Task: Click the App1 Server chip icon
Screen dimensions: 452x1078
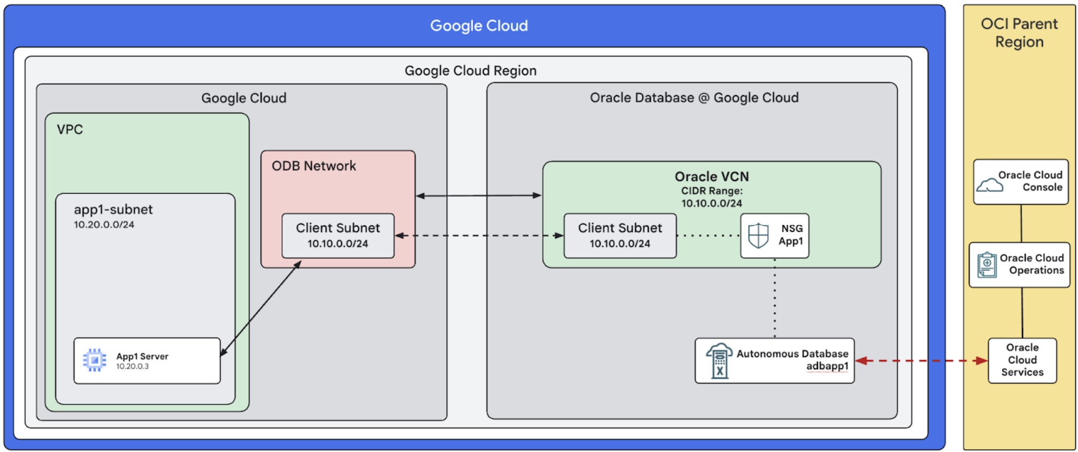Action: click(95, 360)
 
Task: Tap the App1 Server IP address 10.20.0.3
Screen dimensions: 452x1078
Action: click(132, 367)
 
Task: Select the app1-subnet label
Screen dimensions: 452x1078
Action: click(113, 209)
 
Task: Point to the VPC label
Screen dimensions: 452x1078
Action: click(70, 129)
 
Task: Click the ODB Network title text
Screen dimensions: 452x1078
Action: click(313, 166)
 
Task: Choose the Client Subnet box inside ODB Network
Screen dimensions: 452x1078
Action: click(338, 236)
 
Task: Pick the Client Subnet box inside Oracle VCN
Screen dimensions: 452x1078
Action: click(620, 236)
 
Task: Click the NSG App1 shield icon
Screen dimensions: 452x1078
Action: click(758, 236)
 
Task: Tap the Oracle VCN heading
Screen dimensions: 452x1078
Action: click(712, 176)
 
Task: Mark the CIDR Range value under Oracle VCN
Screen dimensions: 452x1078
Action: click(712, 204)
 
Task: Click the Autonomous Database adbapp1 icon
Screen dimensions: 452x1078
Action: click(719, 361)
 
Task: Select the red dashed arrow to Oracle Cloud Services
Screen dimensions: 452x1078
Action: click(921, 361)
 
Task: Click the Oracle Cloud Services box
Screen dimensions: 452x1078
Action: click(1022, 360)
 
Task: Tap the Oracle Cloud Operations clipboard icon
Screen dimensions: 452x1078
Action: click(987, 265)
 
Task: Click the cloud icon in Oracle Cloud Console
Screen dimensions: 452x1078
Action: click(989, 185)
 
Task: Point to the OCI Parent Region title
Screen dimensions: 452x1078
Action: click(1019, 33)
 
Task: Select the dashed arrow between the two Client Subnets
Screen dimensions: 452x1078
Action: click(479, 236)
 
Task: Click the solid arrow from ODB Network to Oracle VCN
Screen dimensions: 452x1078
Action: click(479, 196)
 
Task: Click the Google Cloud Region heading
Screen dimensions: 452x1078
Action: click(470, 71)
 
